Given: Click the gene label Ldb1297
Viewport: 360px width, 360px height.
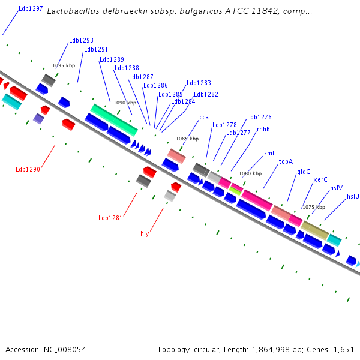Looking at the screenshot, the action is [31, 8].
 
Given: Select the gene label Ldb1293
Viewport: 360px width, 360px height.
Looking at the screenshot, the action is [81, 40].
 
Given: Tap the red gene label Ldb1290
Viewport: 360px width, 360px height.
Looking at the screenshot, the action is [28, 169].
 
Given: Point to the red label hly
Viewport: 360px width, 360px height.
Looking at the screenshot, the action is [145, 234].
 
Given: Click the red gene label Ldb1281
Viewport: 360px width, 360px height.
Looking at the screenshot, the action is [110, 218].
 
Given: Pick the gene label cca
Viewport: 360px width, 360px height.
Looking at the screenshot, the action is [204, 118].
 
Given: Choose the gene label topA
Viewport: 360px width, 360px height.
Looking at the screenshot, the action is [286, 161].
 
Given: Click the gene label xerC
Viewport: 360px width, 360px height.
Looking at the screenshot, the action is [320, 179].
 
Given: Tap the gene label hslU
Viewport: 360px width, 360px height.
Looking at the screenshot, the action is [353, 196].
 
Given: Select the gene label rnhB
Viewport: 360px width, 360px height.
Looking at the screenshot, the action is [263, 129].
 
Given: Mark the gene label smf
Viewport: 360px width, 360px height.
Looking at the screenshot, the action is [269, 153].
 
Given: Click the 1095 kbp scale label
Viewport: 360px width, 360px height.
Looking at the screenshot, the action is [64, 65].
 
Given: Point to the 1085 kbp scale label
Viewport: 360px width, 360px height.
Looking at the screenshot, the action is [187, 139].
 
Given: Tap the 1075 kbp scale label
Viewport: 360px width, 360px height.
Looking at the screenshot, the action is [314, 207].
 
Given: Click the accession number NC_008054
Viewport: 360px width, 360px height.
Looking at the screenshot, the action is [65, 350].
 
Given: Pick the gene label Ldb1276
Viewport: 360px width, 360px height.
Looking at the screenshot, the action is [259, 117].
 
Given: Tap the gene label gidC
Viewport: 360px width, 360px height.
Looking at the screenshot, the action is [304, 172].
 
